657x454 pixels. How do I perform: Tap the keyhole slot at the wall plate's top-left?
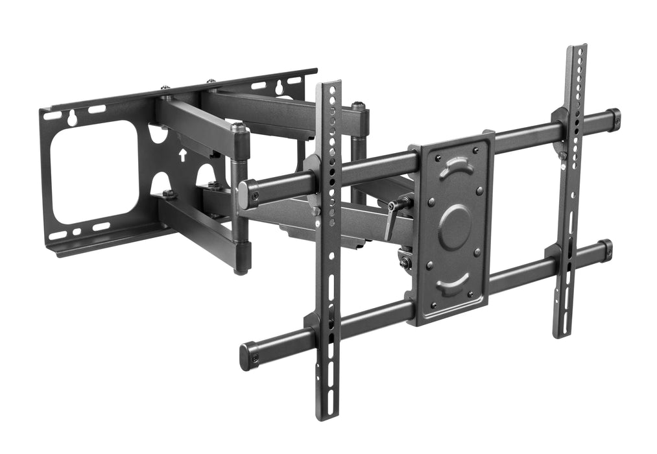pyautogui.click(x=72, y=117)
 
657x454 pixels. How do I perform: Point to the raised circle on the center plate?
pyautogui.click(x=455, y=226)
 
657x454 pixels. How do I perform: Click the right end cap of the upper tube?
pyautogui.click(x=613, y=119)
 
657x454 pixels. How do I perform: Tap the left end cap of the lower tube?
pyautogui.click(x=248, y=356)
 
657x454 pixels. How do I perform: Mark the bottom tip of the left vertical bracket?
pyautogui.click(x=329, y=417)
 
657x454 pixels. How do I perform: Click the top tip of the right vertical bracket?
pyautogui.click(x=575, y=48)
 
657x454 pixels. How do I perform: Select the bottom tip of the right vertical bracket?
pyautogui.click(x=562, y=333)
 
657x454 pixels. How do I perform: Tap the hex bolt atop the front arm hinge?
pyautogui.click(x=238, y=127)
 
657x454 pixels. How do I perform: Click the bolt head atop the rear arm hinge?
pyautogui.click(x=358, y=106)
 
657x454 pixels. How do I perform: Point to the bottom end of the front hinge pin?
pyautogui.click(x=241, y=269)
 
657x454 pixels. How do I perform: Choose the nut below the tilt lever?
pyautogui.click(x=405, y=262)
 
